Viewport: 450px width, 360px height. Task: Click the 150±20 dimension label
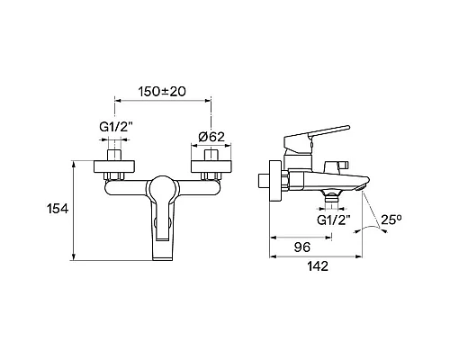point(162,92)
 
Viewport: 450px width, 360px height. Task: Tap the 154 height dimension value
point(58,209)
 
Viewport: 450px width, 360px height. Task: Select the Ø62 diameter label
point(211,137)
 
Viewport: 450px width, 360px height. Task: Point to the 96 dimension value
point(302,247)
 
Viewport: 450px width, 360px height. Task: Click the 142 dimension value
point(318,266)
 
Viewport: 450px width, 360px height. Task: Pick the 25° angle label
point(391,220)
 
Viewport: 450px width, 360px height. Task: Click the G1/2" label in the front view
point(116,127)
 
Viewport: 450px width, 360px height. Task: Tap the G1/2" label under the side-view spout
point(334,220)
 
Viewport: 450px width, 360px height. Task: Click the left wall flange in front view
point(114,166)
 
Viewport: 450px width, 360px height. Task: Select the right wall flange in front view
point(211,166)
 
